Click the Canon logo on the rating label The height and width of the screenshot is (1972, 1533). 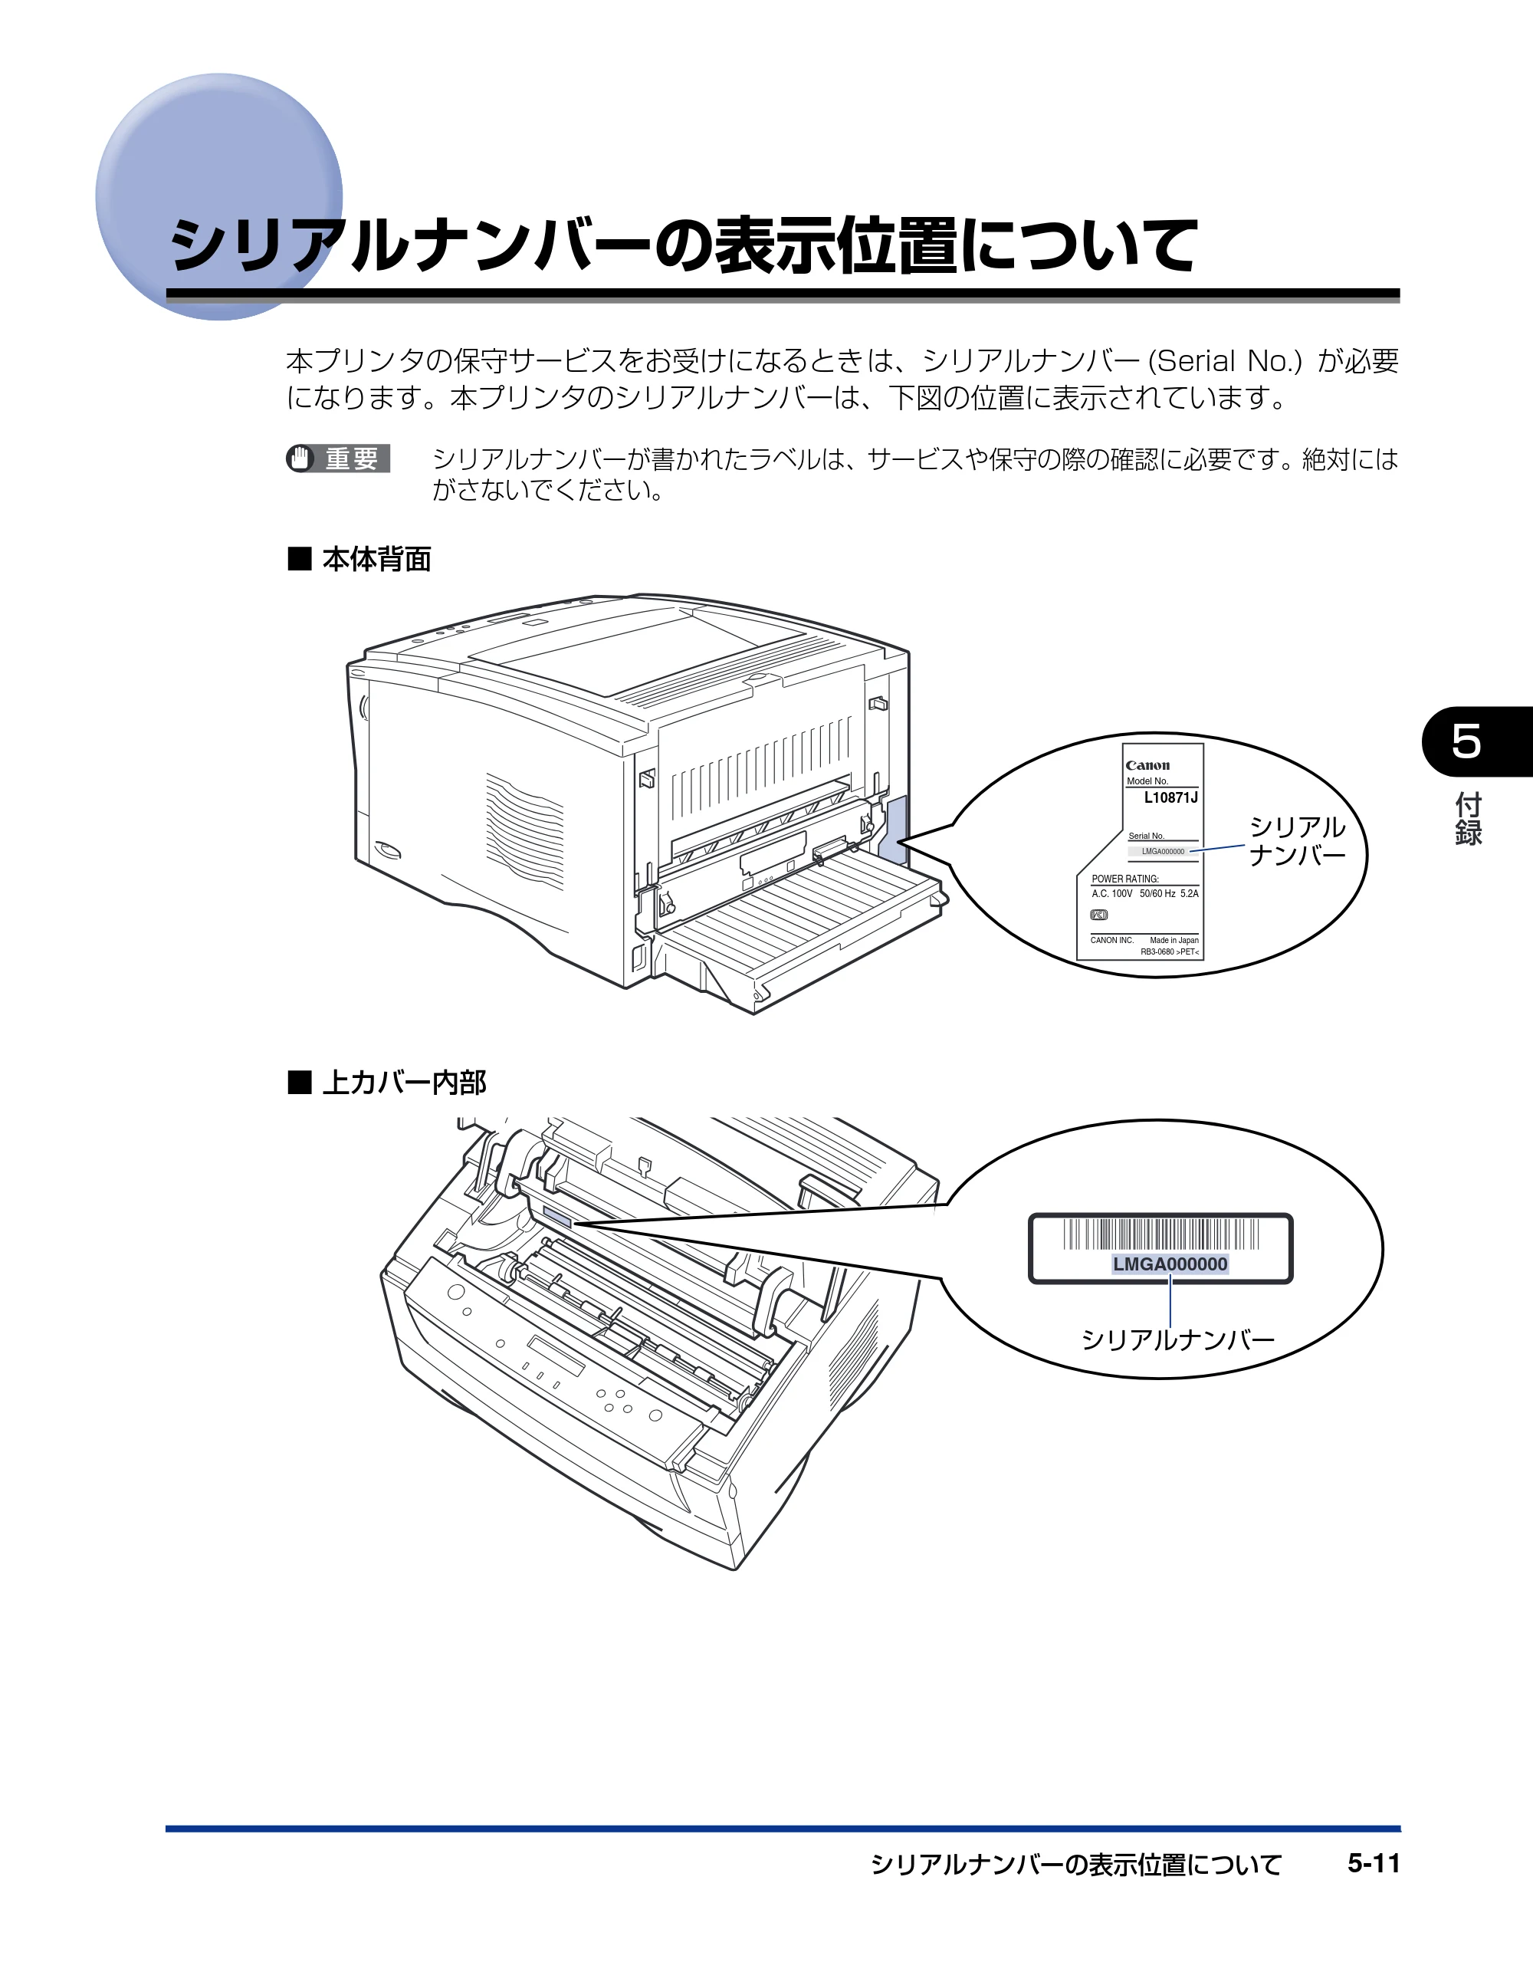click(1147, 766)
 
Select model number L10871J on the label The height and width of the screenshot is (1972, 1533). click(1171, 798)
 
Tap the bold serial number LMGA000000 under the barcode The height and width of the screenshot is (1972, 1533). click(1170, 1264)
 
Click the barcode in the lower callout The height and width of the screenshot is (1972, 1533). click(1161, 1234)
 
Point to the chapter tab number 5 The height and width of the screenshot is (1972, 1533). click(1466, 741)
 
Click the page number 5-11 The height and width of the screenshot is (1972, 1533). click(1374, 1864)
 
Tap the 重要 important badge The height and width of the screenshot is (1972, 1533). click(339, 458)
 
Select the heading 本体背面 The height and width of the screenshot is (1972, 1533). click(376, 559)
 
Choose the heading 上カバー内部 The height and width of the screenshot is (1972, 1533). click(404, 1082)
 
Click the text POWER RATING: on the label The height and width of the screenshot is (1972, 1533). click(1125, 879)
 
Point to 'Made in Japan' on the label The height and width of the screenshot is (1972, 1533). click(1174, 940)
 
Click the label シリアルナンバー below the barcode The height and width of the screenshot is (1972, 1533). click(1177, 1339)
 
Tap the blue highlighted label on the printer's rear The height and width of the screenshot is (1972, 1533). click(897, 830)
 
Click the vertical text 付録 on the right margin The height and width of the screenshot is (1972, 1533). click(1468, 819)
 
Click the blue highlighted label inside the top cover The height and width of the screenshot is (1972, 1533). click(558, 1219)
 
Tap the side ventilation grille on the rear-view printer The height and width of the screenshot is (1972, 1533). click(524, 829)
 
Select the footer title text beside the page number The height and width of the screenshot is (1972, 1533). click(1075, 1865)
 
